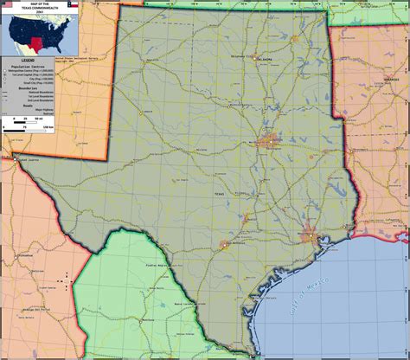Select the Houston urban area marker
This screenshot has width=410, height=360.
(x=309, y=235)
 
